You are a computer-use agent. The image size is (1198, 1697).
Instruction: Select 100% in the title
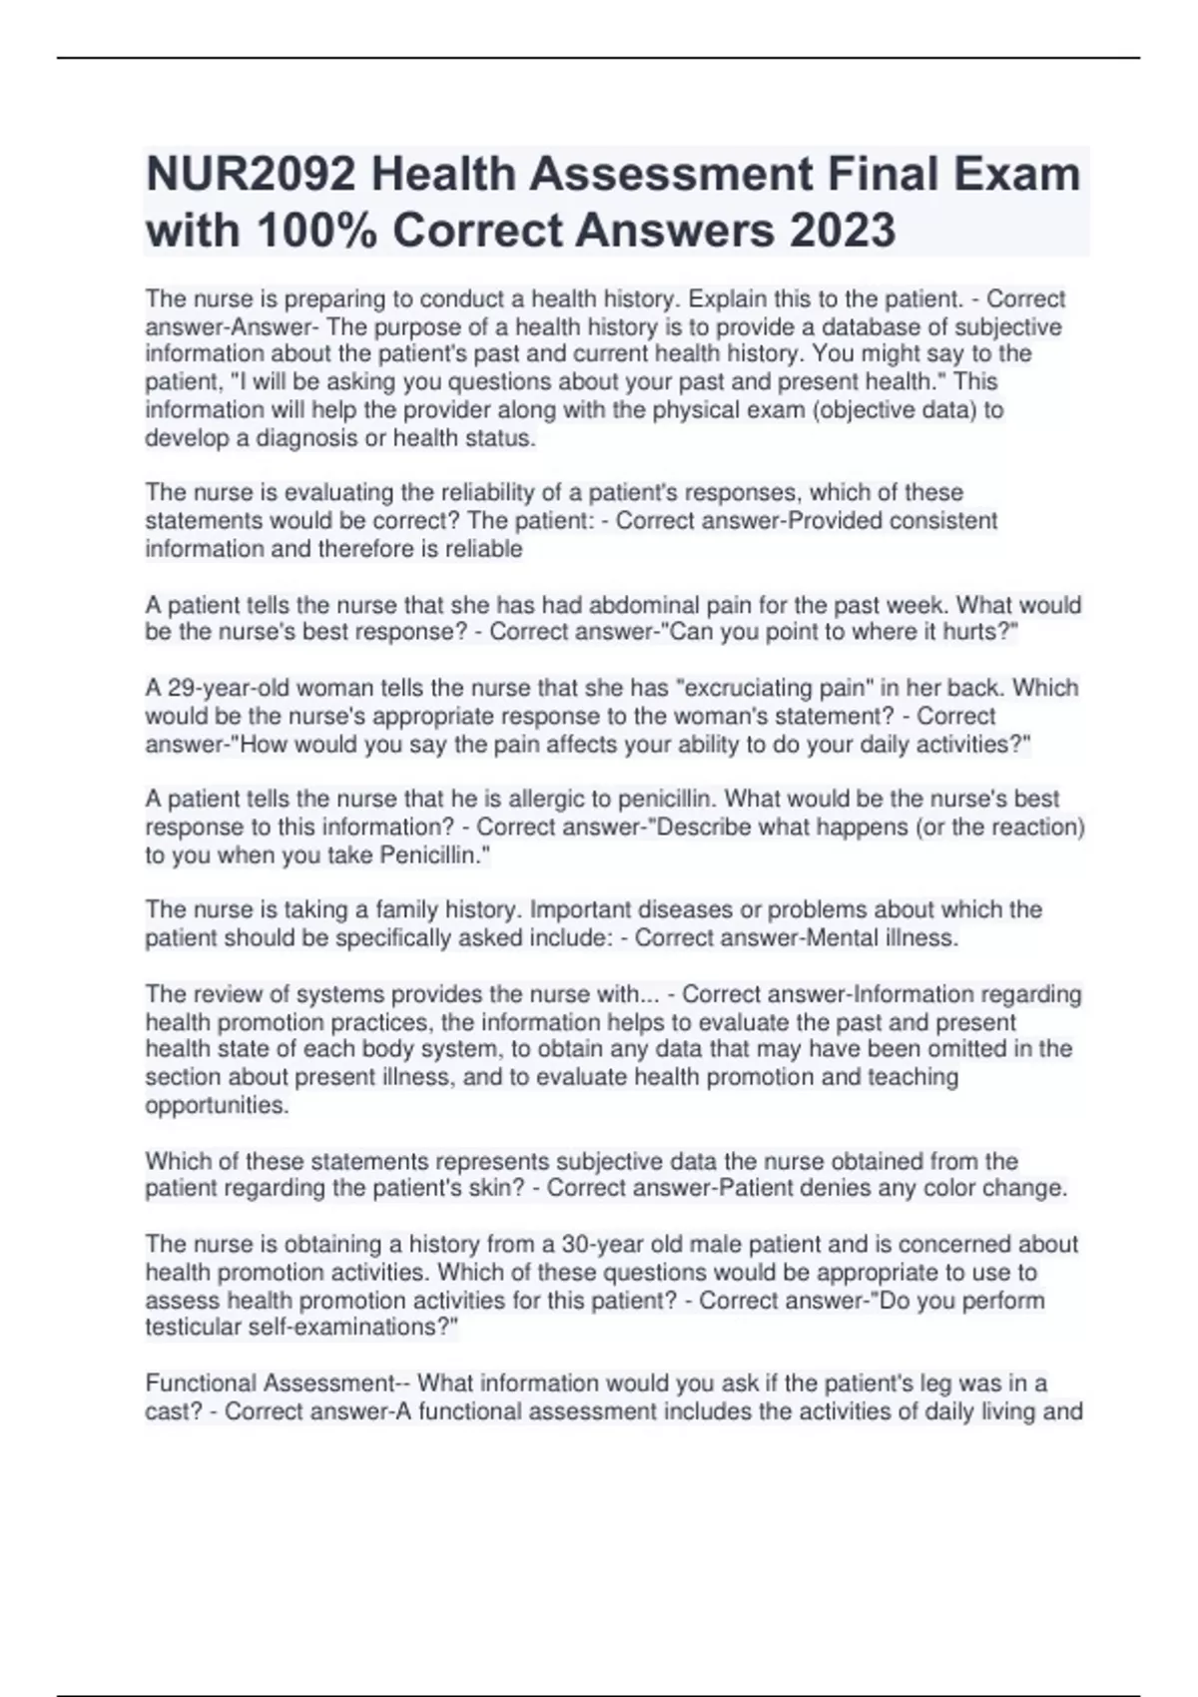click(x=316, y=231)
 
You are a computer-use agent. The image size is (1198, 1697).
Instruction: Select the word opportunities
click(x=217, y=1105)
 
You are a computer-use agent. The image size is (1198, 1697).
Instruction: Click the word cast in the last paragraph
click(x=171, y=1412)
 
